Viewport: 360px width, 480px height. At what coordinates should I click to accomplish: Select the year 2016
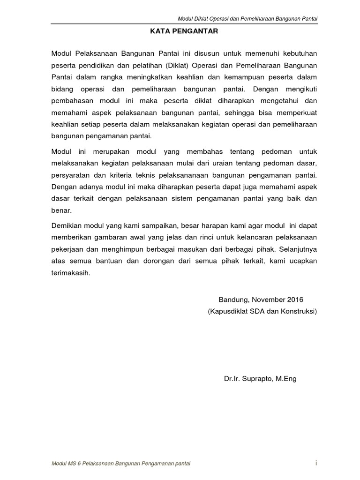(x=296, y=300)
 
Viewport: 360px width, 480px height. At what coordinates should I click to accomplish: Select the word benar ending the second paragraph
(x=61, y=211)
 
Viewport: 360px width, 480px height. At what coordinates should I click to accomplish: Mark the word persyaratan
(x=71, y=174)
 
